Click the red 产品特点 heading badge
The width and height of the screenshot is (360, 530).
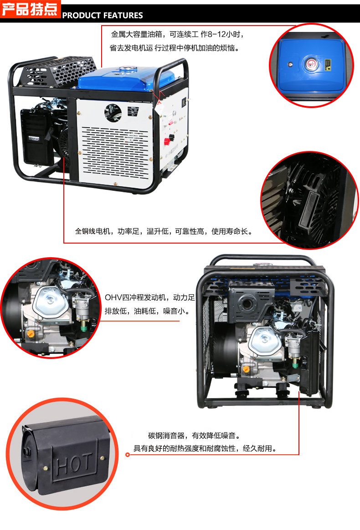30,10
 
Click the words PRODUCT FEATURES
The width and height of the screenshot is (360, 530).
103,16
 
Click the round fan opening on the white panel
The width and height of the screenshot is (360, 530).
112,111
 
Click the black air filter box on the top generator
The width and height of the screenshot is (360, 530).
37,137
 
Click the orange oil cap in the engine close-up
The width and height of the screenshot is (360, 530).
31,334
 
